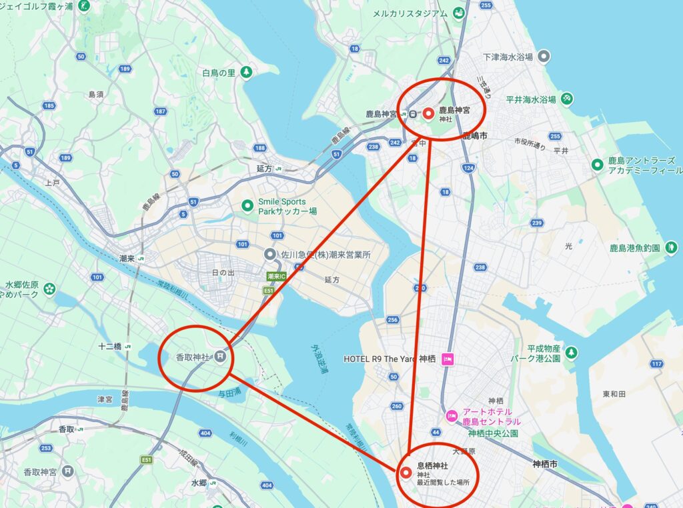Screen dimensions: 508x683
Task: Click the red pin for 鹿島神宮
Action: coord(428,113)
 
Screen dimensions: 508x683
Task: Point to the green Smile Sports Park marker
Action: coord(247,206)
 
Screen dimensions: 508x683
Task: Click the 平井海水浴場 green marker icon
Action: coord(567,99)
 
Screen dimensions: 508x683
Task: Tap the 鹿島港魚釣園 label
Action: coord(634,248)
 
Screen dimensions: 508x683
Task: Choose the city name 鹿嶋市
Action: coord(474,136)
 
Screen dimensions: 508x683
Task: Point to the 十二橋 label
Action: coord(109,347)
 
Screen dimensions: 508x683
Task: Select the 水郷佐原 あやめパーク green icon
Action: coord(49,288)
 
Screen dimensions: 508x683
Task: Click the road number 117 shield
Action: coord(657,364)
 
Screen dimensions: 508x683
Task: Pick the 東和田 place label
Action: coord(614,394)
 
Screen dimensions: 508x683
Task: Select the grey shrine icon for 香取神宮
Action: coord(67,471)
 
